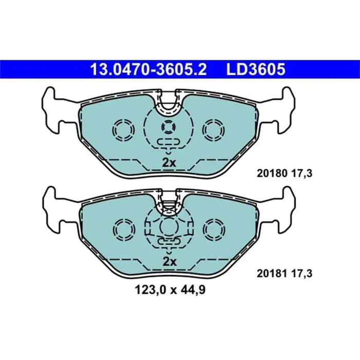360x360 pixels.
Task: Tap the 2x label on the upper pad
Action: pos(169,163)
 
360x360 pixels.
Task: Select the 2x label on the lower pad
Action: pos(169,262)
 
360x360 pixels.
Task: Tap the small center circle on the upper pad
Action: pos(168,127)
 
